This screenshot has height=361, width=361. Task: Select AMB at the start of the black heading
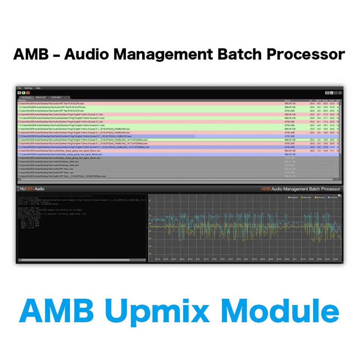point(31,54)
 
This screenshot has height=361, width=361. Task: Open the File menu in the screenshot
point(19,88)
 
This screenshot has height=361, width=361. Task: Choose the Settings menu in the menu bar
point(28,88)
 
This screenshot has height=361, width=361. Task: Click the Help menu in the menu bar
point(38,88)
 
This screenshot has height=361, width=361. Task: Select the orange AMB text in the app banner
point(266,189)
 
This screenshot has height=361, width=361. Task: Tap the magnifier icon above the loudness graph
point(340,196)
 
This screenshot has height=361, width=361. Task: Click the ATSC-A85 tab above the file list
point(56,97)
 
